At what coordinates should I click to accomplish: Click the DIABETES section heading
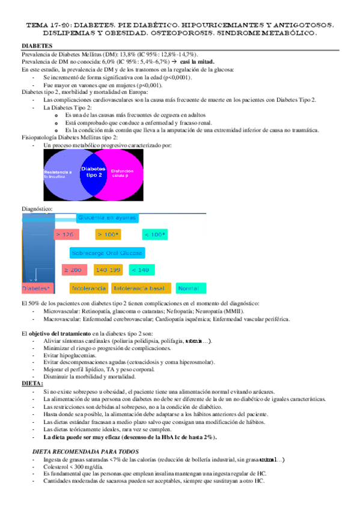(x=36, y=46)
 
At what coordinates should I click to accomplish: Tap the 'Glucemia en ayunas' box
(x=107, y=217)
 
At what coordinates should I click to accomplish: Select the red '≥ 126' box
(x=65, y=234)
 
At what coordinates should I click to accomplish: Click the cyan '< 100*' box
(x=155, y=234)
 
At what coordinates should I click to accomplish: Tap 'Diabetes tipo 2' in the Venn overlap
(x=93, y=171)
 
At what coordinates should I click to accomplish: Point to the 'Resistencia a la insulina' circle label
(x=58, y=174)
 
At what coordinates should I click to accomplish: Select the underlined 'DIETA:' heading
(x=32, y=382)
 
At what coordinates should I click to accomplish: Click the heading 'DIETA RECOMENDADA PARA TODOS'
(x=78, y=450)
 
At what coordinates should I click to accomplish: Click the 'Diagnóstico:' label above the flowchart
(x=37, y=209)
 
